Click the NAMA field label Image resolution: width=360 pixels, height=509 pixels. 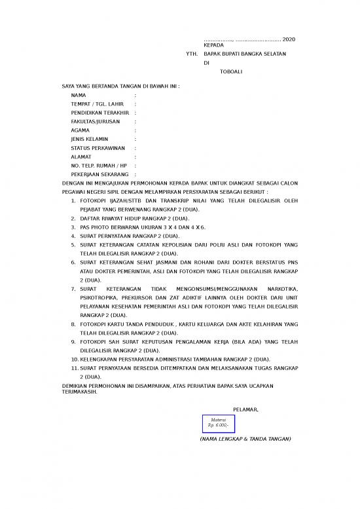tap(78, 96)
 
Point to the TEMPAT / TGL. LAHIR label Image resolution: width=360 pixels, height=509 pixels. tap(97, 104)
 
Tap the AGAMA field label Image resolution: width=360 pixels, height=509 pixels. tap(81, 130)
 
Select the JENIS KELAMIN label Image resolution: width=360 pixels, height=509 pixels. tap(89, 140)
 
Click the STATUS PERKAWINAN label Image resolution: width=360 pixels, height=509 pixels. tap(98, 148)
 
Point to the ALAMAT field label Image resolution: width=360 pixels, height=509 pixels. tap(82, 157)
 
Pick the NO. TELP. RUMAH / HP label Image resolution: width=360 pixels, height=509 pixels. tap(98, 166)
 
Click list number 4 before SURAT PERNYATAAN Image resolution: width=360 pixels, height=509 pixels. tap(73, 235)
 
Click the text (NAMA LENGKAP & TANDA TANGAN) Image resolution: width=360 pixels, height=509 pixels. tap(245, 439)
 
